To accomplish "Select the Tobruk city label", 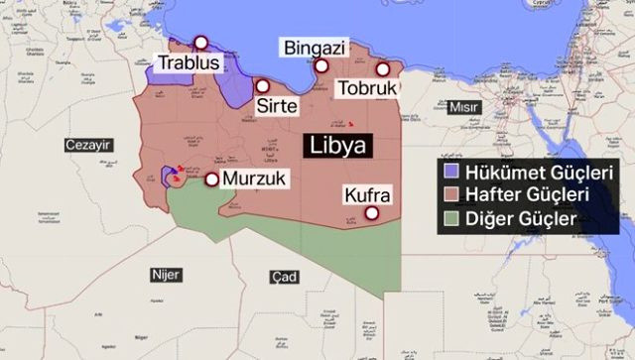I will (367, 88).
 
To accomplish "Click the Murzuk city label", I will (255, 180).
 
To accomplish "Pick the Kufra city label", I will (366, 193).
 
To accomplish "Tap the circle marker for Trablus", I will (201, 43).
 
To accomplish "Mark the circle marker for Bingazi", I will (321, 66).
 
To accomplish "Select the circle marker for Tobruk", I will (383, 69).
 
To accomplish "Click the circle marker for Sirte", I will (262, 85).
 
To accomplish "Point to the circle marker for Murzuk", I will (211, 180).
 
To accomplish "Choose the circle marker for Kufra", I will (372, 213).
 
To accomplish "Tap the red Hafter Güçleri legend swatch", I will (449, 194).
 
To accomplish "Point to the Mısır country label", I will (463, 107).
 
